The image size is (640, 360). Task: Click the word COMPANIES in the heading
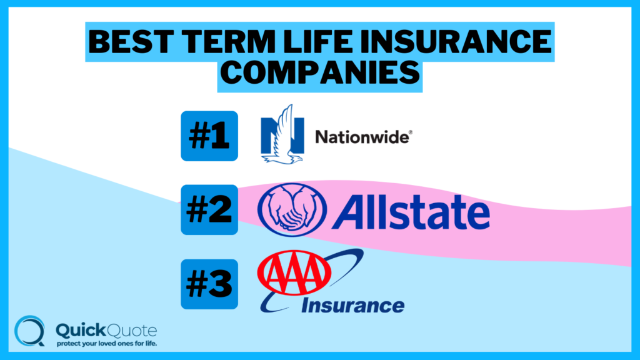pyautogui.click(x=319, y=73)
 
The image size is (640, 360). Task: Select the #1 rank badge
pyautogui.click(x=209, y=136)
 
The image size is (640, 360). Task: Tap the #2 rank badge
pyautogui.click(x=209, y=209)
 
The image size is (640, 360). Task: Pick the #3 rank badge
pyautogui.click(x=209, y=284)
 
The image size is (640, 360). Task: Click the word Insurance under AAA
pyautogui.click(x=352, y=305)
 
